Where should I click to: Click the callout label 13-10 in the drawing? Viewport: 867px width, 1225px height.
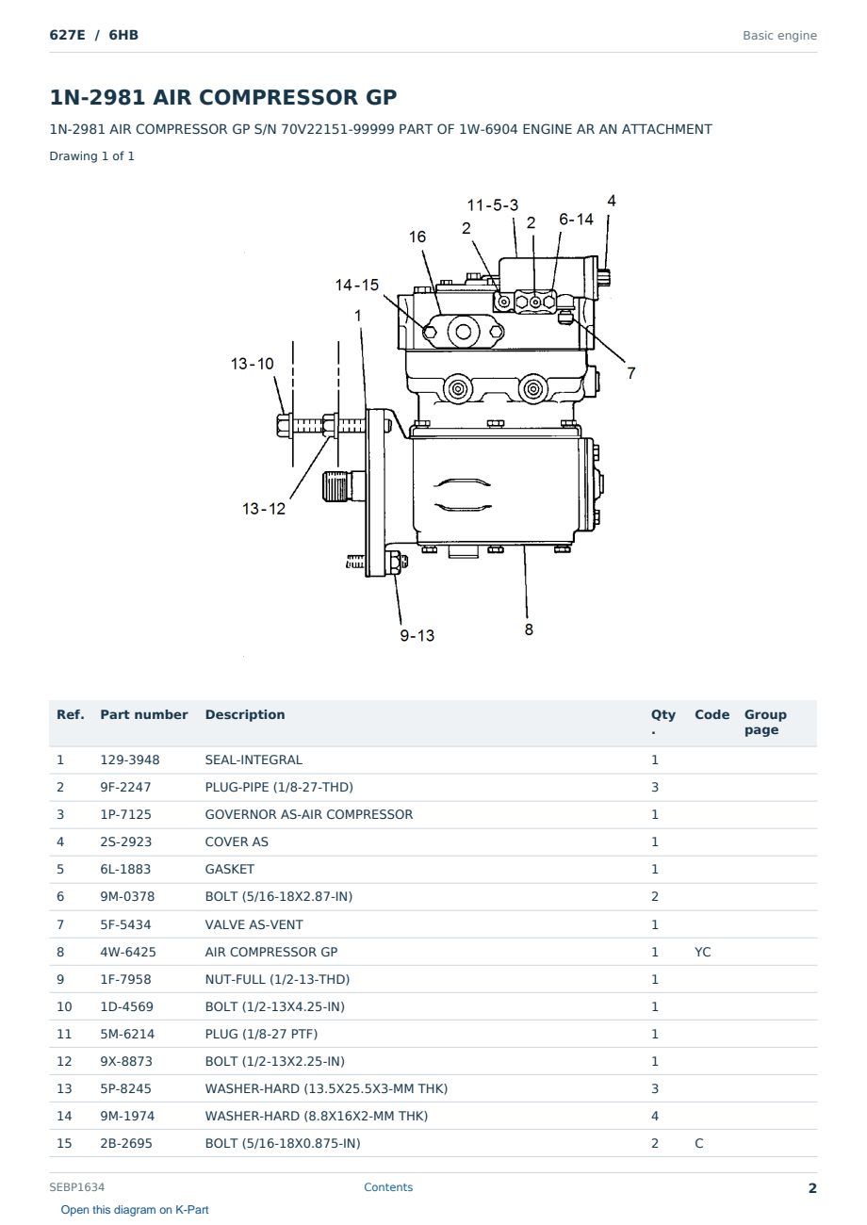[252, 364]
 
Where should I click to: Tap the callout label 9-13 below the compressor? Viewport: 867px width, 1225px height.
[417, 635]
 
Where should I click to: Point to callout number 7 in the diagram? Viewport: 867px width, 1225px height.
[631, 373]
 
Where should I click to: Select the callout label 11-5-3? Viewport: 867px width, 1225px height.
[492, 205]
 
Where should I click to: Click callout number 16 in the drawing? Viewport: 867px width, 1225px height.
[417, 237]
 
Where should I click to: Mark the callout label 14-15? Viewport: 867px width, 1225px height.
[356, 285]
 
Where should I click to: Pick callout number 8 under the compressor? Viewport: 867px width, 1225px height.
[529, 629]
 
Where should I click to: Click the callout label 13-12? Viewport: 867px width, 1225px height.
[264, 509]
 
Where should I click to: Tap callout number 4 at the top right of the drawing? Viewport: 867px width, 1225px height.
[612, 202]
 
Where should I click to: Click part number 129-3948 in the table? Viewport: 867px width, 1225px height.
[130, 759]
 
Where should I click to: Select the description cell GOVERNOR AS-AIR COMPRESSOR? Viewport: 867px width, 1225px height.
[308, 814]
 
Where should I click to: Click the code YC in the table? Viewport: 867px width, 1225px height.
[702, 952]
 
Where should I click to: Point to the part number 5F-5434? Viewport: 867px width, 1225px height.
[125, 924]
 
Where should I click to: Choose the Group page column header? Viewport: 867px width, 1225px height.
[765, 722]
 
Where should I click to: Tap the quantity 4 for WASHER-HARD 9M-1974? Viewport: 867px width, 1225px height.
[655, 1116]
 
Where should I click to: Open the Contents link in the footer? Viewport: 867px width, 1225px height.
[388, 1187]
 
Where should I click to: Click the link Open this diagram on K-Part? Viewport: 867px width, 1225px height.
[135, 1210]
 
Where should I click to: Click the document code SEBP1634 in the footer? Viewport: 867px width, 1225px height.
[76, 1187]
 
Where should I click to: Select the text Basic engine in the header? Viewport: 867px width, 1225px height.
[779, 36]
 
